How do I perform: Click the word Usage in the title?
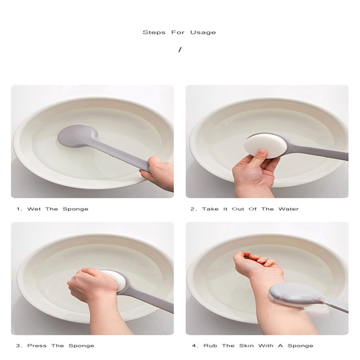click(203, 32)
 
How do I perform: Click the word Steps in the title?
click(154, 32)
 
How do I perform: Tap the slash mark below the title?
click(180, 49)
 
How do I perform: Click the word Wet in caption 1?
click(34, 209)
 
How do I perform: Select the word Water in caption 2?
click(288, 209)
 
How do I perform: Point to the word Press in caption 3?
click(37, 346)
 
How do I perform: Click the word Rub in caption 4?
click(210, 346)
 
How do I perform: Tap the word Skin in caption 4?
click(246, 346)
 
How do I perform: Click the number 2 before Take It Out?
click(193, 209)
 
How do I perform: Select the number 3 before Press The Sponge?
click(18, 346)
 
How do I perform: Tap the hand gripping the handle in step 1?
click(158, 172)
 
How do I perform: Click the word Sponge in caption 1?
click(76, 209)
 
